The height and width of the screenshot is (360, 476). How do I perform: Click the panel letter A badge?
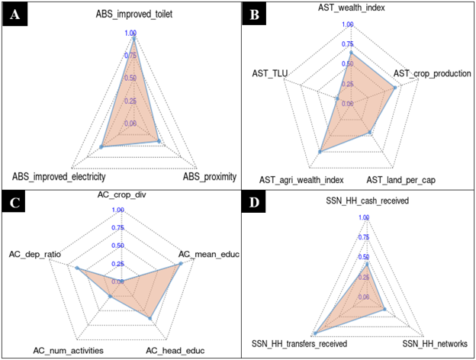click(14, 14)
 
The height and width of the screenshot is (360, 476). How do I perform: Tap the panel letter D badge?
click(254, 202)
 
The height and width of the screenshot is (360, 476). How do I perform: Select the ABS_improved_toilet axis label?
click(134, 14)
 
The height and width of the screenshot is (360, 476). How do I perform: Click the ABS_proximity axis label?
click(210, 176)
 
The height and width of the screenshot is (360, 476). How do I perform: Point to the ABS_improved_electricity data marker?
click(101, 147)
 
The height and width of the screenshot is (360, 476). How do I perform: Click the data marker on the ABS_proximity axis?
click(159, 141)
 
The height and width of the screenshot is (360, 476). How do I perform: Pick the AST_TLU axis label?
click(270, 73)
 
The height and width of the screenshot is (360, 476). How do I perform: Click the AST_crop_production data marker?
click(395, 88)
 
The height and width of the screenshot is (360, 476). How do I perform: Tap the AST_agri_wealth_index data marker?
click(320, 152)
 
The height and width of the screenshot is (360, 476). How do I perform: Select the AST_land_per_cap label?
click(400, 180)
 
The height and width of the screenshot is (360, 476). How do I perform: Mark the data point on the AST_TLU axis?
click(337, 98)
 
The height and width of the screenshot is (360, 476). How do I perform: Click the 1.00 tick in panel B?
click(348, 24)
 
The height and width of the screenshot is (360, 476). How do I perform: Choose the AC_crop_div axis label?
click(122, 194)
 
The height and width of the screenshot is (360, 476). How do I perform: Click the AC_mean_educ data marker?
click(181, 264)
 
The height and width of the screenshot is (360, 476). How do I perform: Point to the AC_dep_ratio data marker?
click(77, 268)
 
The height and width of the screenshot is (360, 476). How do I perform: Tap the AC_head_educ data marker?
click(150, 318)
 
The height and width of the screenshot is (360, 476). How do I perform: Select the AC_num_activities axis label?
click(69, 351)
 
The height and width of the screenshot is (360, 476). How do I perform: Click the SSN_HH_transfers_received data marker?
click(315, 333)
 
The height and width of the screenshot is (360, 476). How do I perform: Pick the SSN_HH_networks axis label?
click(435, 344)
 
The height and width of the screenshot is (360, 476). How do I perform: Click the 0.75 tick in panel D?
click(364, 237)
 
